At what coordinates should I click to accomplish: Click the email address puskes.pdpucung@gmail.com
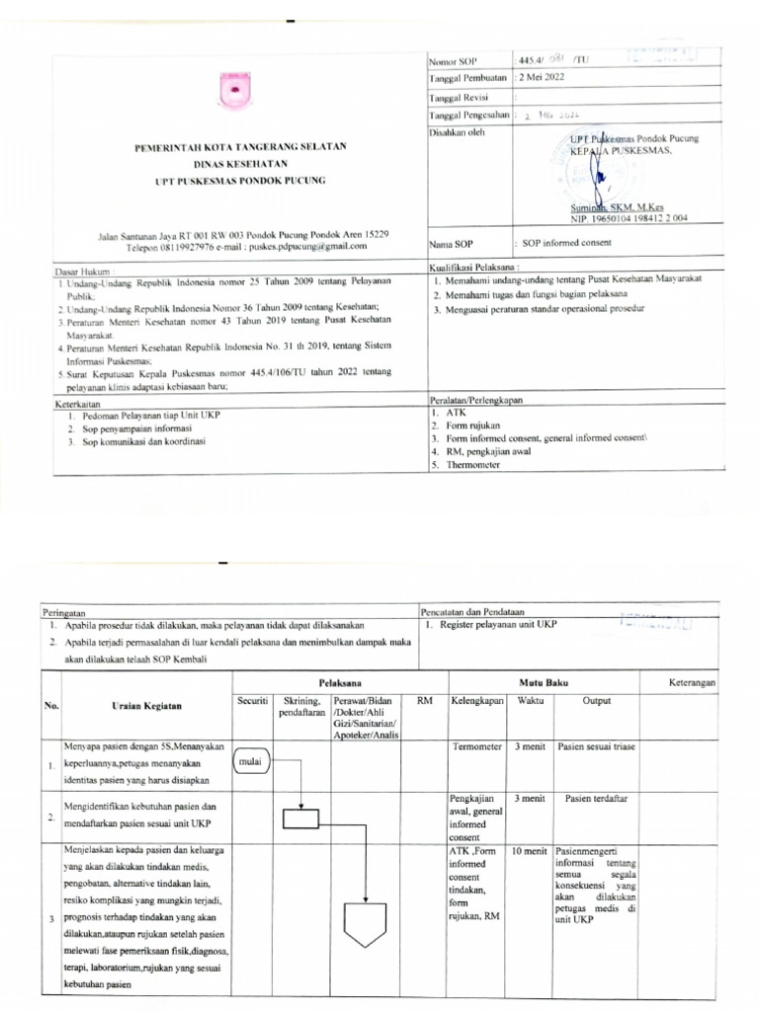click(307, 252)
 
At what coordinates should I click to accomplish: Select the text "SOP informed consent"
click(568, 243)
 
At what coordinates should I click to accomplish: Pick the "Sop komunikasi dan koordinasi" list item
click(143, 443)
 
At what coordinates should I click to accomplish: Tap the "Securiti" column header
click(253, 700)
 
